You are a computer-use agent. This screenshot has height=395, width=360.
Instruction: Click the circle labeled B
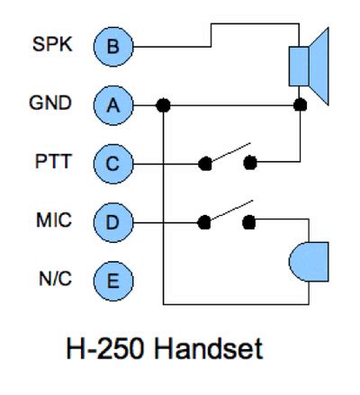(113, 47)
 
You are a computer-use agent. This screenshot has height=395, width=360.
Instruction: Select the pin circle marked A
(113, 105)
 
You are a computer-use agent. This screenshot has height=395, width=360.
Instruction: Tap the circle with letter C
(113, 164)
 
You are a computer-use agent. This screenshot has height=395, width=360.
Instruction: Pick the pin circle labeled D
(113, 222)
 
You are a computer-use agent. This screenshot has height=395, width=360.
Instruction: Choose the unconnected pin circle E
(113, 281)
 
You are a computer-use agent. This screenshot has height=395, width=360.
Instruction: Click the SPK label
(52, 44)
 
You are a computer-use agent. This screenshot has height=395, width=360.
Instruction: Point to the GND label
(50, 103)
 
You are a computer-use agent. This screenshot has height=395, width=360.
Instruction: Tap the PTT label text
(53, 161)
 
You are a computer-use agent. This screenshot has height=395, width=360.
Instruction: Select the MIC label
(54, 220)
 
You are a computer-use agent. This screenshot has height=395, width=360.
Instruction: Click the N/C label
(55, 279)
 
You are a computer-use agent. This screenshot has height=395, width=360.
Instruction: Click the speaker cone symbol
(319, 67)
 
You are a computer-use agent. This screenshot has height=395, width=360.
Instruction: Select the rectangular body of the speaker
(299, 67)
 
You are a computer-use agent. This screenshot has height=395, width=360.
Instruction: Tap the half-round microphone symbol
(309, 262)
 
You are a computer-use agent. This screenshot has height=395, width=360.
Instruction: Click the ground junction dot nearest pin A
(163, 105)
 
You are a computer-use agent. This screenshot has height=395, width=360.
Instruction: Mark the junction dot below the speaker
(300, 105)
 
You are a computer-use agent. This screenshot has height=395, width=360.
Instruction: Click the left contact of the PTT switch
(205, 164)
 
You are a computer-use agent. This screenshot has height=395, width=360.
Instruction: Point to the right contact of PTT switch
(250, 163)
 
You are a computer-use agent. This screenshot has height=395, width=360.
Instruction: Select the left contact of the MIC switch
(204, 222)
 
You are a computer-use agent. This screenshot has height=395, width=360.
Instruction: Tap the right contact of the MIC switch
(249, 222)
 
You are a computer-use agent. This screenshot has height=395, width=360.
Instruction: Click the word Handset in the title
(209, 348)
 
